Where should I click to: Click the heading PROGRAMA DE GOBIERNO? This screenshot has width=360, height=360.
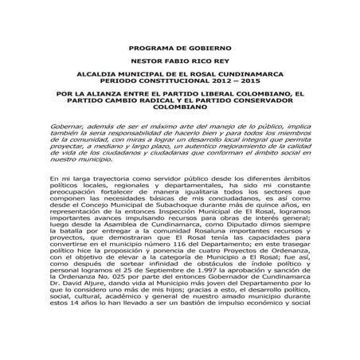pyautogui.click(x=179, y=48)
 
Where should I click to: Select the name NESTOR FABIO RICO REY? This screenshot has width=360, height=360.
pyautogui.click(x=179, y=61)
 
